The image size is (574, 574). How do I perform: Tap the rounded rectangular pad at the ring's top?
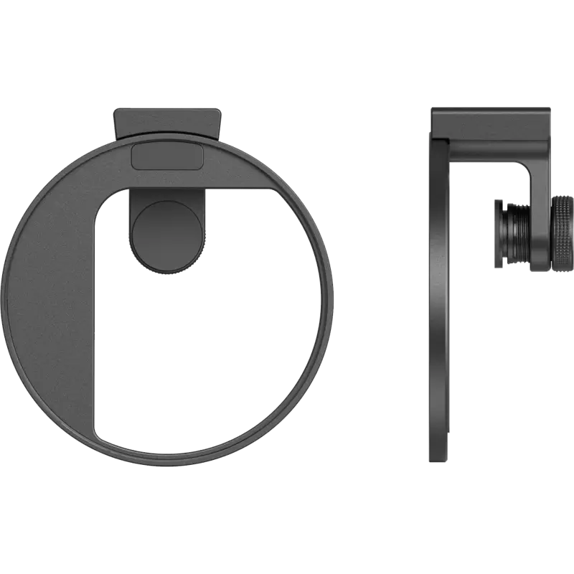point(168,155)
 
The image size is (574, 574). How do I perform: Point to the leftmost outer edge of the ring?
point(5,287)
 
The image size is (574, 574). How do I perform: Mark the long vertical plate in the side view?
point(439,301)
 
